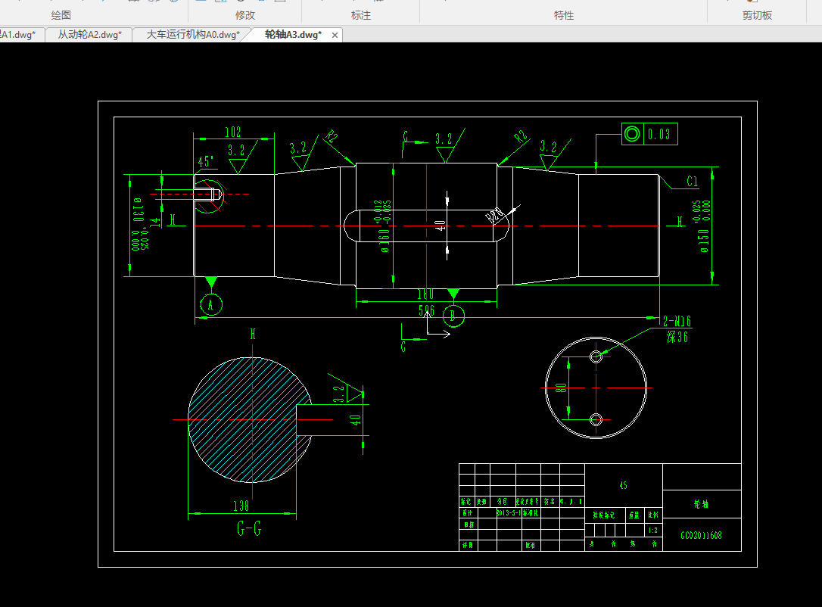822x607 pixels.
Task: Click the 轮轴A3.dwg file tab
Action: (293, 35)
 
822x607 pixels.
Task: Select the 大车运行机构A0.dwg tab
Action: (192, 35)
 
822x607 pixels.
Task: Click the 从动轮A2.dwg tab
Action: (89, 35)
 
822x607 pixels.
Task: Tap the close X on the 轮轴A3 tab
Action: (335, 35)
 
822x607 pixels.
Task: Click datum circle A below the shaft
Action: (211, 304)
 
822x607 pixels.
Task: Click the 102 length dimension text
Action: (233, 132)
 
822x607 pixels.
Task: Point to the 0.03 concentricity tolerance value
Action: (659, 135)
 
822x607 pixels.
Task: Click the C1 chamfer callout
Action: (692, 182)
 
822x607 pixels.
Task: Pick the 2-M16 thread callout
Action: (676, 320)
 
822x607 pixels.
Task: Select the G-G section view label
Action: (249, 529)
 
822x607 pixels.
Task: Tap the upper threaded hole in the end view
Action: (596, 356)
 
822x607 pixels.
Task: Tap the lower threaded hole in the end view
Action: (596, 419)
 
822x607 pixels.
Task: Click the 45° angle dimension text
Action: (206, 162)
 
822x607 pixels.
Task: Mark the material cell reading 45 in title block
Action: (624, 485)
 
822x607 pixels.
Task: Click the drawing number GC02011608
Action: (701, 535)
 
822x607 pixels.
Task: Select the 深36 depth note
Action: (677, 337)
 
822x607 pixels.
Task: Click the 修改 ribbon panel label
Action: (245, 15)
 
